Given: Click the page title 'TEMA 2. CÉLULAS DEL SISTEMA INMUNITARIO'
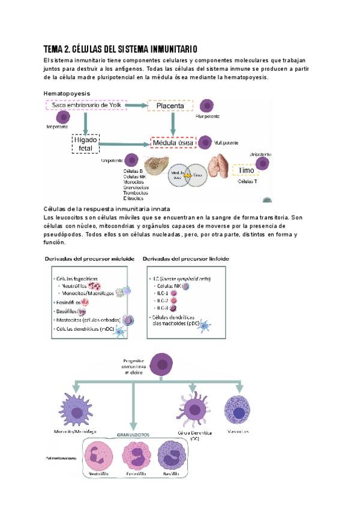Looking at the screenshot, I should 121,49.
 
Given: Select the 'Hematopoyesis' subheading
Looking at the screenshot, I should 67,94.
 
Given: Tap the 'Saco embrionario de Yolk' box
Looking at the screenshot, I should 85,106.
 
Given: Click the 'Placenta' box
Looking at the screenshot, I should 170,106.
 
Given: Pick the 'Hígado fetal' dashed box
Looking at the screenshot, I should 85,144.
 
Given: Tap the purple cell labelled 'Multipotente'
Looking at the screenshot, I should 205,143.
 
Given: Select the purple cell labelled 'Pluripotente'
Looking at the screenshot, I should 206,106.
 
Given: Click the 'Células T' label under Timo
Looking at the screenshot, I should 248,181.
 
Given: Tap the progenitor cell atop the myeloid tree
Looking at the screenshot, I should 161,365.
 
